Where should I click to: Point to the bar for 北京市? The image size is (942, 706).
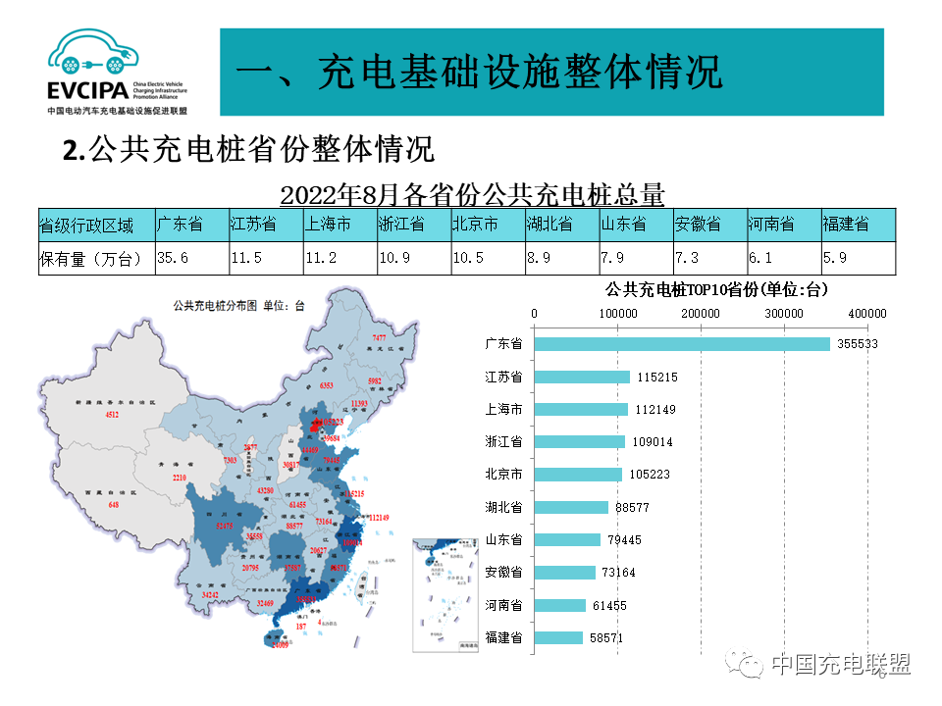(x=578, y=475)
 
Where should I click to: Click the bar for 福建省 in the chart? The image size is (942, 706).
(x=559, y=637)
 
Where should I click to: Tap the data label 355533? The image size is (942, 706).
(x=858, y=344)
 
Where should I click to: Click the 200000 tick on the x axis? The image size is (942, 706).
(x=701, y=313)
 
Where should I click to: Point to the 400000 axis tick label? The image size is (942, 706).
(x=867, y=313)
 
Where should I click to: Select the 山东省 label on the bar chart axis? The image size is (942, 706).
(x=503, y=540)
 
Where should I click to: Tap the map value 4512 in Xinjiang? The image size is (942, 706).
(x=113, y=416)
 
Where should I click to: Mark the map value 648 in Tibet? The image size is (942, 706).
(x=114, y=505)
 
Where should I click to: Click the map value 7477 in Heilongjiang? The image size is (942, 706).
(x=379, y=337)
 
